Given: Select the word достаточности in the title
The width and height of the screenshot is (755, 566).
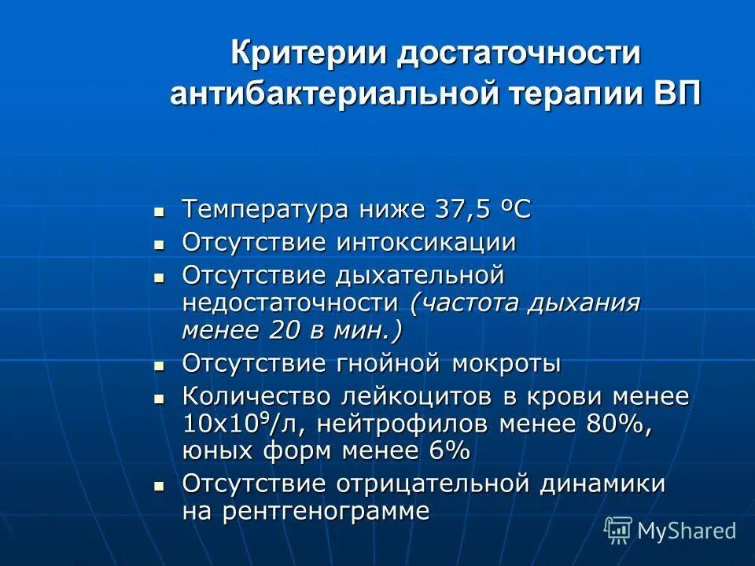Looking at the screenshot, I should [518, 55].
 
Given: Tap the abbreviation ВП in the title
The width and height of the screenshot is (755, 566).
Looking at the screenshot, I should [676, 94].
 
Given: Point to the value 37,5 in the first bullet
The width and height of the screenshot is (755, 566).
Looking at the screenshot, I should [465, 210].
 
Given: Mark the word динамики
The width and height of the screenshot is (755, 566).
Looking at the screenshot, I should [602, 483].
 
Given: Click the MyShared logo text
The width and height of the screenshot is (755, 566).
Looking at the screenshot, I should [686, 531].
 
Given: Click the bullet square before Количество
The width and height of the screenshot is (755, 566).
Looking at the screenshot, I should [159, 399].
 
